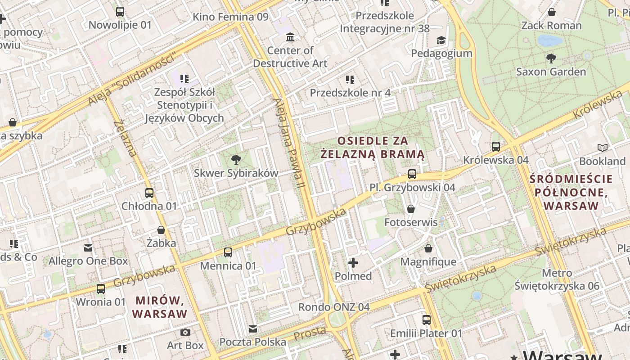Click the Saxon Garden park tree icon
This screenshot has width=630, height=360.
pyautogui.click(x=551, y=58)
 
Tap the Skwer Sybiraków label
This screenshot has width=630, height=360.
pyautogui.click(x=236, y=173)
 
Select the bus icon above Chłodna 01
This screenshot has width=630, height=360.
pyautogui.click(x=149, y=193)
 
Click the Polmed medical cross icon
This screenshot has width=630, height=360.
pyautogui.click(x=353, y=262)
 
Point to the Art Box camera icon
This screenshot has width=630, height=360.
pyautogui.click(x=185, y=333)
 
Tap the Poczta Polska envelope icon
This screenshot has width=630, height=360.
pyautogui.click(x=253, y=329)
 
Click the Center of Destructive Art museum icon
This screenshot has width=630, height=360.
pyautogui.click(x=290, y=37)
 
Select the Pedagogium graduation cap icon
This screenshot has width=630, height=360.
pyautogui.click(x=441, y=40)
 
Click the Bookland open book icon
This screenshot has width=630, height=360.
pyautogui.click(x=602, y=148)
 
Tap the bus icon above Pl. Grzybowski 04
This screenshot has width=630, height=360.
pyautogui.click(x=412, y=174)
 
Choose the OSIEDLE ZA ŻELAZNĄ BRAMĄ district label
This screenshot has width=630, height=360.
pyautogui.click(x=373, y=148)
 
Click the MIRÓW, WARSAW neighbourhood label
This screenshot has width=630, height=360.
pyautogui.click(x=160, y=306)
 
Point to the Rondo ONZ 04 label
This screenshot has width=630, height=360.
pyautogui.click(x=334, y=307)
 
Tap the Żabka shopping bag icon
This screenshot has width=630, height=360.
pyautogui.click(x=161, y=230)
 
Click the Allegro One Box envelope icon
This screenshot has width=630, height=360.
pyautogui.click(x=88, y=248)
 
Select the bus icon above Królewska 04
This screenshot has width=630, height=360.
pyautogui.click(x=496, y=147)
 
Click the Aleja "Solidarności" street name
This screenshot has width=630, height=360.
pyautogui.click(x=131, y=80)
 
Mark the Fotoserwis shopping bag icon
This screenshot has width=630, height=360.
pyautogui.click(x=410, y=209)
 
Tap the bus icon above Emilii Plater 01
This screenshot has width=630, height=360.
pyautogui.click(x=426, y=320)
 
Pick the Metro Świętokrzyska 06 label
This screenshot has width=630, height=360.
pyautogui.click(x=557, y=279)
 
